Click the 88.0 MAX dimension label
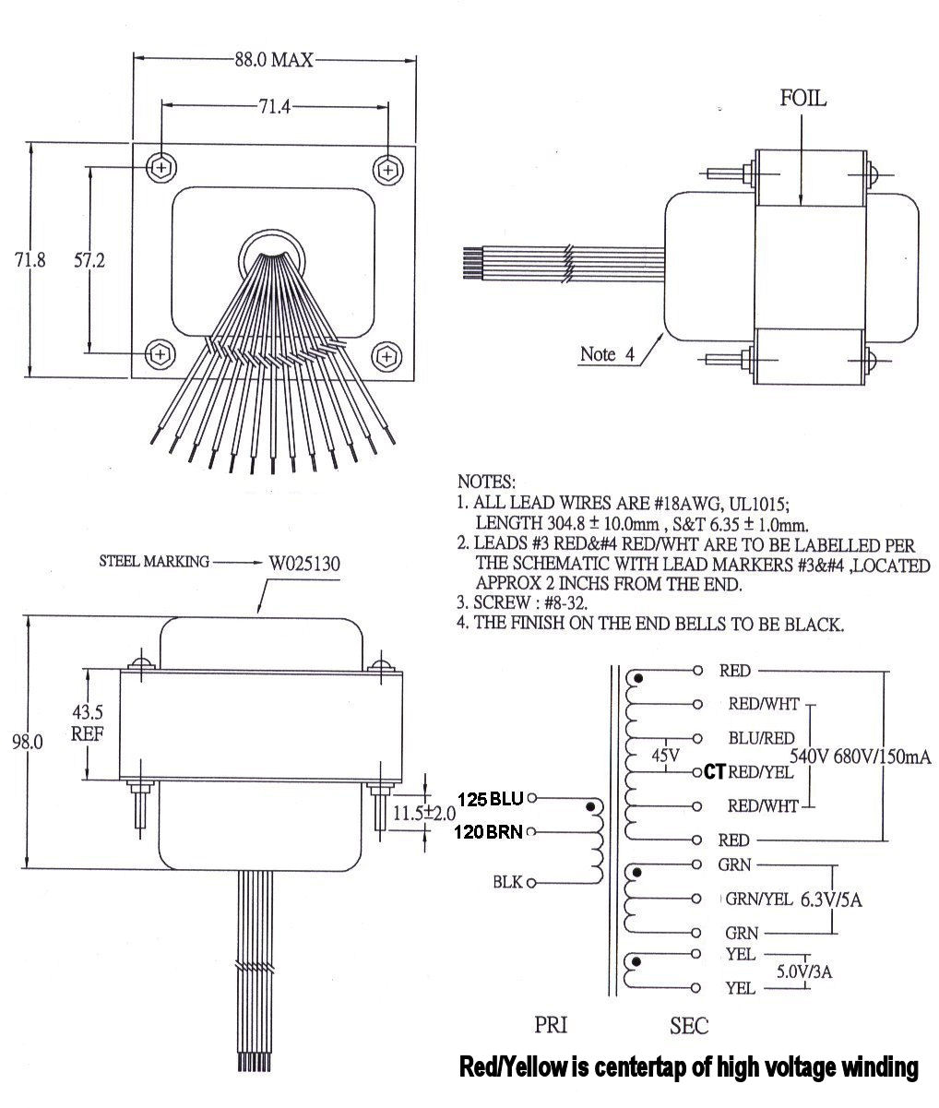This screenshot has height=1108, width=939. tap(273, 60)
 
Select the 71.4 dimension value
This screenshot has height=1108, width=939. tap(274, 106)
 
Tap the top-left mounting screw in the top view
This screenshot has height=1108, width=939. tap(162, 168)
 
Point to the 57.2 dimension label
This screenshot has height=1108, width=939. tap(89, 260)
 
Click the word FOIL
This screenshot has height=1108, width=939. tap(802, 99)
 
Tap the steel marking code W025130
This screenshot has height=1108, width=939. tap(310, 562)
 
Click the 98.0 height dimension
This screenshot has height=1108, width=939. tap(29, 743)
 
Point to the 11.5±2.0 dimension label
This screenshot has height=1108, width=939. tap(424, 814)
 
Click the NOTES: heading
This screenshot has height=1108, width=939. tap(487, 482)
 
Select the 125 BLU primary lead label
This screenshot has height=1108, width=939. tap(490, 797)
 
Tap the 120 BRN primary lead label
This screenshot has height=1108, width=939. tap(489, 832)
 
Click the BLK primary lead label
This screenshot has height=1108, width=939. tap(508, 883)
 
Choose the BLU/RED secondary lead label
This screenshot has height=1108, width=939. tap(761, 738)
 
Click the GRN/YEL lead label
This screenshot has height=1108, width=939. tap(759, 900)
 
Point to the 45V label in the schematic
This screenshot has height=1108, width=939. tap(665, 756)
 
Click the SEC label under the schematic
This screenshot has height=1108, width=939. tap(689, 1025)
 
